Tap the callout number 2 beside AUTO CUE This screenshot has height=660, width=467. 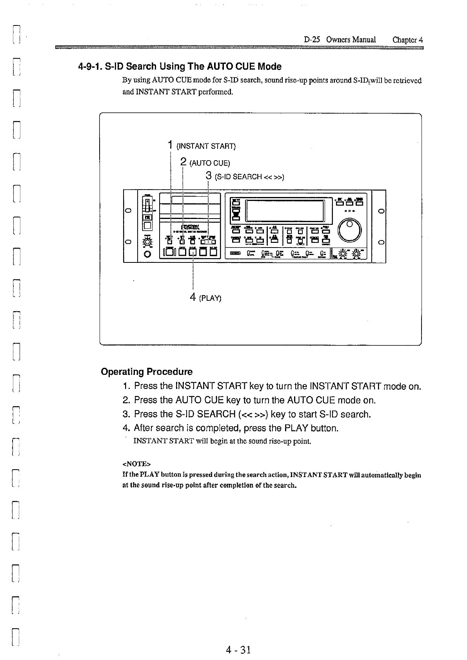click(x=183, y=162)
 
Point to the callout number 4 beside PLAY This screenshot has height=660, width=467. click(x=193, y=297)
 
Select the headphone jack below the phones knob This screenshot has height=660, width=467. click(x=147, y=255)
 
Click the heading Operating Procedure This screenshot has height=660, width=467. click(x=147, y=372)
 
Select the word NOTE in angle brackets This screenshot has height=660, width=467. click(x=136, y=464)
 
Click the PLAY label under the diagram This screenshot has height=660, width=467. click(x=211, y=298)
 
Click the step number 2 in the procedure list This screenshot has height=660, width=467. click(x=126, y=400)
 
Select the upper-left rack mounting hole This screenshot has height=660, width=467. click(x=128, y=212)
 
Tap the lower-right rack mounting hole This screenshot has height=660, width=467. click(x=380, y=242)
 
